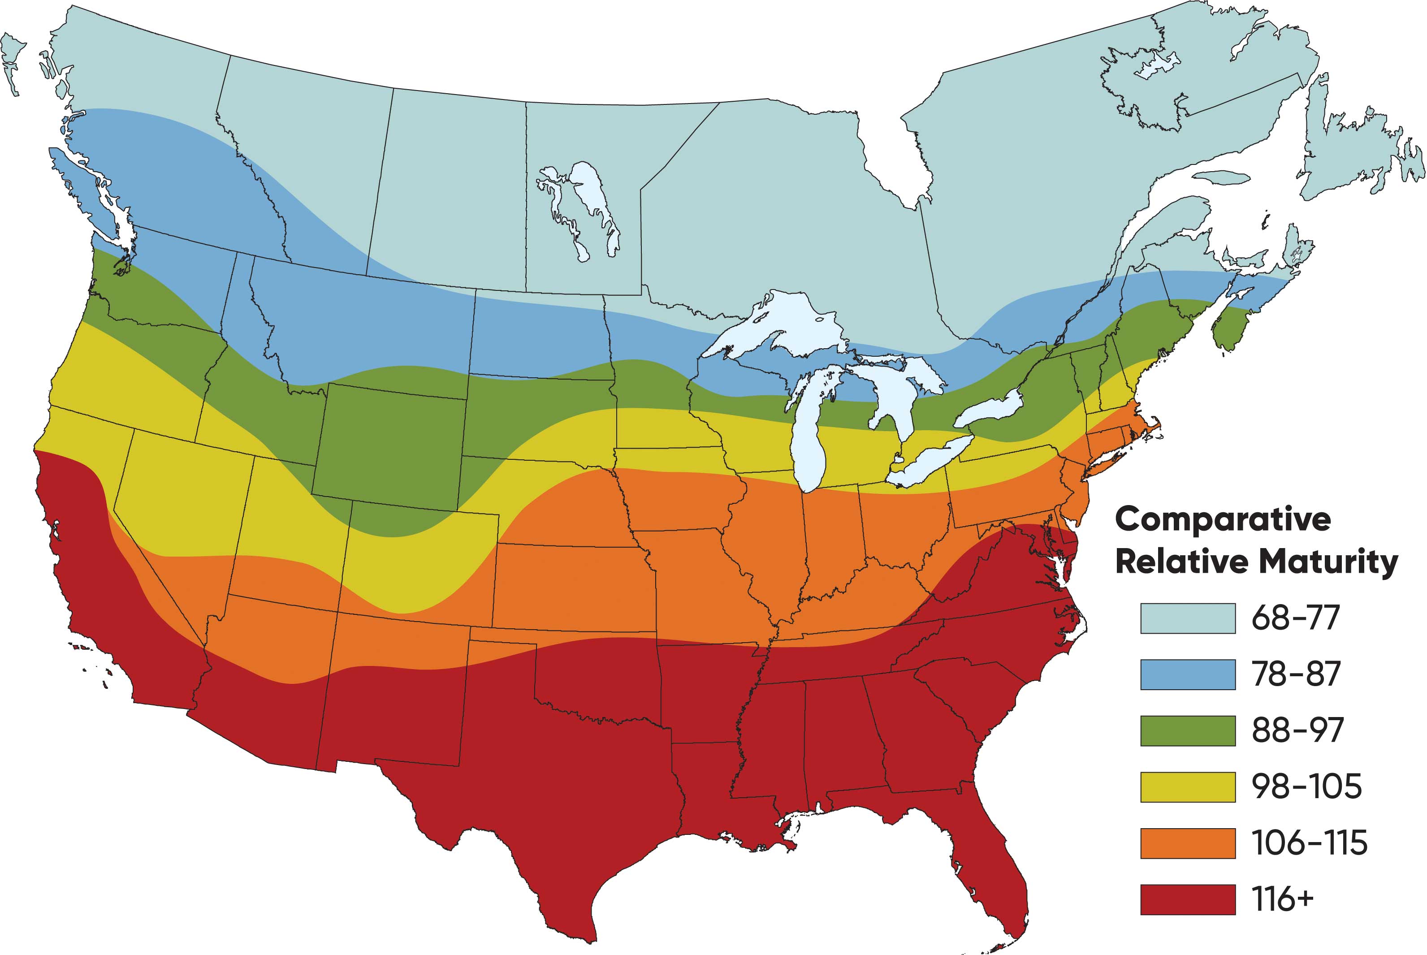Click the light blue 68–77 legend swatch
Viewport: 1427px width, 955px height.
[x=1188, y=618]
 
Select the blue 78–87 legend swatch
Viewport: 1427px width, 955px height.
[x=1188, y=674]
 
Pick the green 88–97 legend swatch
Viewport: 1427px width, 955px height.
[x=1188, y=730]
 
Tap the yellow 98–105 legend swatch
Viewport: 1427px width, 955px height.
[x=1188, y=786]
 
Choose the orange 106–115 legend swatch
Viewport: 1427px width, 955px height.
[x=1188, y=843]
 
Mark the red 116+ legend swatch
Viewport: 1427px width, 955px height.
[x=1188, y=899]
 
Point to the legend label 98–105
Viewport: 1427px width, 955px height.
[x=1306, y=786]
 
